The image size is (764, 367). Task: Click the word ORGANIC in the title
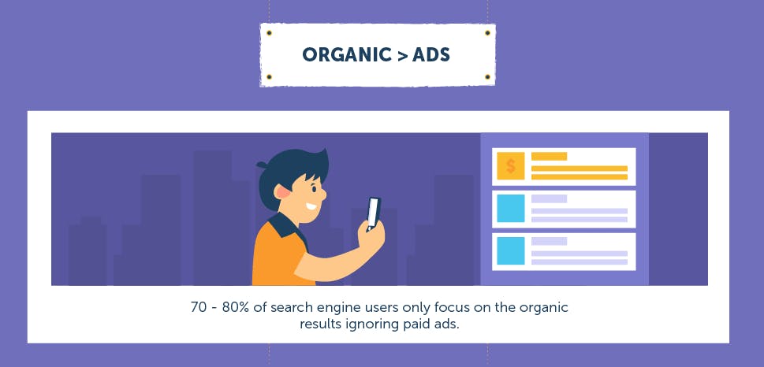pos(346,54)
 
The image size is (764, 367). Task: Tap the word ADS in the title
pos(430,54)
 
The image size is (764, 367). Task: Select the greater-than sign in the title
pos(401,55)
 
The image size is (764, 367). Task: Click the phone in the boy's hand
pos(373,213)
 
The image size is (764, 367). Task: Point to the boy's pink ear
pos(282,192)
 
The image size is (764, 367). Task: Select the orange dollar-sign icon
pos(511,166)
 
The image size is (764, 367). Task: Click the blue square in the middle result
pos(511,209)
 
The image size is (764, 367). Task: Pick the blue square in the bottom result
pos(511,251)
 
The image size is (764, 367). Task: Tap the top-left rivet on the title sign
pos(269,33)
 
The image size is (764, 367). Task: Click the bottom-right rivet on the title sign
pos(487,77)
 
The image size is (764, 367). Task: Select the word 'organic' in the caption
pos(544,309)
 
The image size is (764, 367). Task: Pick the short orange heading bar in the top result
pos(549,156)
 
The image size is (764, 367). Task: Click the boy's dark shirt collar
pos(289,226)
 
